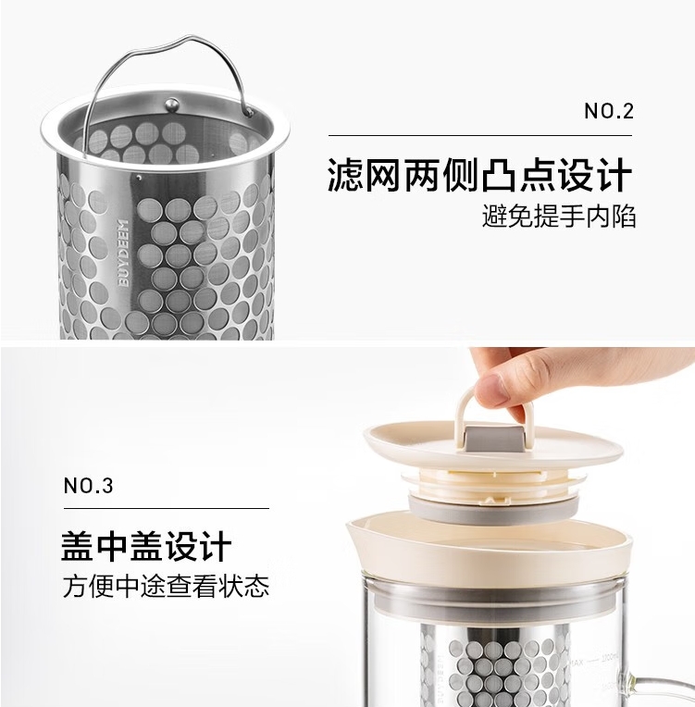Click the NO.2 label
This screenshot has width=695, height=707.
pyautogui.click(x=609, y=111)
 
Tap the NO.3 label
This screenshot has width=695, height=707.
pyautogui.click(x=89, y=486)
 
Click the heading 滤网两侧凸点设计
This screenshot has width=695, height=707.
pyautogui.click(x=480, y=175)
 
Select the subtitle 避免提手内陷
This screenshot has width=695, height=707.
pyautogui.click(x=559, y=216)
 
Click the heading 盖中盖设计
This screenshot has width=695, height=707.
pyautogui.click(x=146, y=546)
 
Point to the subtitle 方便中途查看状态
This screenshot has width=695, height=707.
pyautogui.click(x=166, y=586)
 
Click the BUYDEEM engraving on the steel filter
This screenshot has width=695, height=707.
pyautogui.click(x=123, y=253)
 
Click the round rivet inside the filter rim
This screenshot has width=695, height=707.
pyautogui.click(x=172, y=105)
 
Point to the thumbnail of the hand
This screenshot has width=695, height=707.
pyautogui.click(x=491, y=389)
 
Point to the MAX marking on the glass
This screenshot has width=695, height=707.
pyautogui.click(x=576, y=663)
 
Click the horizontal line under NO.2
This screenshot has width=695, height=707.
pyautogui.click(x=480, y=135)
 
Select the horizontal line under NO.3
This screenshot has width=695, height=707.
pyautogui.click(x=167, y=508)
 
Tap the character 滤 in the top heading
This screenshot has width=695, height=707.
pyautogui.click(x=344, y=175)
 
